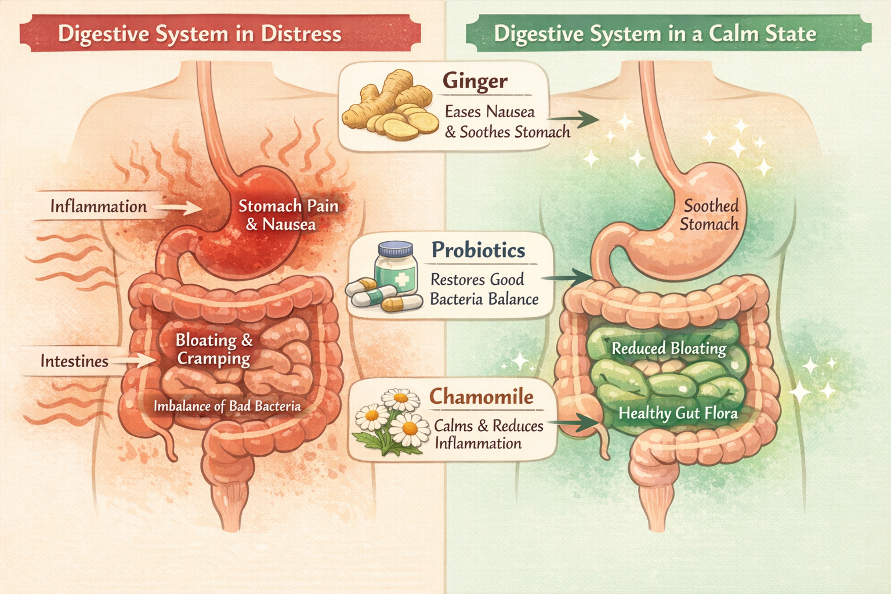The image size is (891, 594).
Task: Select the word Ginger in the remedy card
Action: [475, 81]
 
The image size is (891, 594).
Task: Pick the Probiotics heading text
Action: [478, 250]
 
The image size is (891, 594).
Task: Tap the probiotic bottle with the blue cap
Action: [396, 266]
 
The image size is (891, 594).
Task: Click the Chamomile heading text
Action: [481, 397]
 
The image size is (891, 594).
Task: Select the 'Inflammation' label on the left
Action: [98, 207]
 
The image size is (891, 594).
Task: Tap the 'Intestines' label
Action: [74, 361]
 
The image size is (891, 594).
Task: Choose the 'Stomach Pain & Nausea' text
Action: [288, 215]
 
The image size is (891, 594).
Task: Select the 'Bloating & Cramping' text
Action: [214, 349]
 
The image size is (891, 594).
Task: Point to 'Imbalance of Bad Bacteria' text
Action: [227, 406]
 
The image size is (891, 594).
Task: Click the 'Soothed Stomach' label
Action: [710, 215]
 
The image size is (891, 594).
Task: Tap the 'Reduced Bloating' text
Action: [669, 349]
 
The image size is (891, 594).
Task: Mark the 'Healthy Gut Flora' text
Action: [678, 413]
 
